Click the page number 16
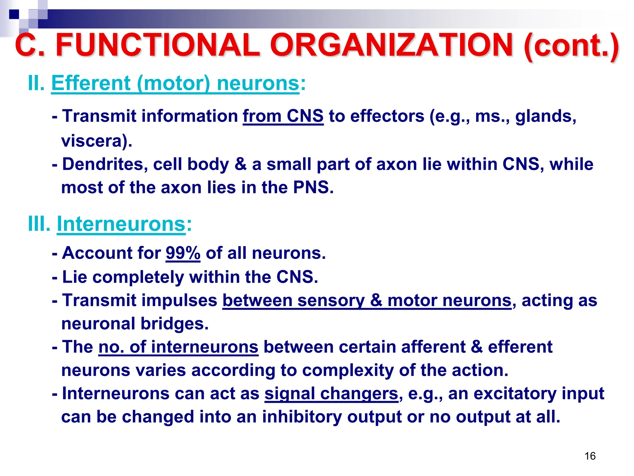[x=590, y=456]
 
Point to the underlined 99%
[x=183, y=253]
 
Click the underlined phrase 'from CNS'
[x=283, y=116]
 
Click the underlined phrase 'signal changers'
[x=331, y=394]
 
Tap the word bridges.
[x=175, y=324]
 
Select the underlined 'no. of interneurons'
[x=178, y=347]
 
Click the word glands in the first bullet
[x=545, y=117]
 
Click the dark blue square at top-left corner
[x=14, y=14]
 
